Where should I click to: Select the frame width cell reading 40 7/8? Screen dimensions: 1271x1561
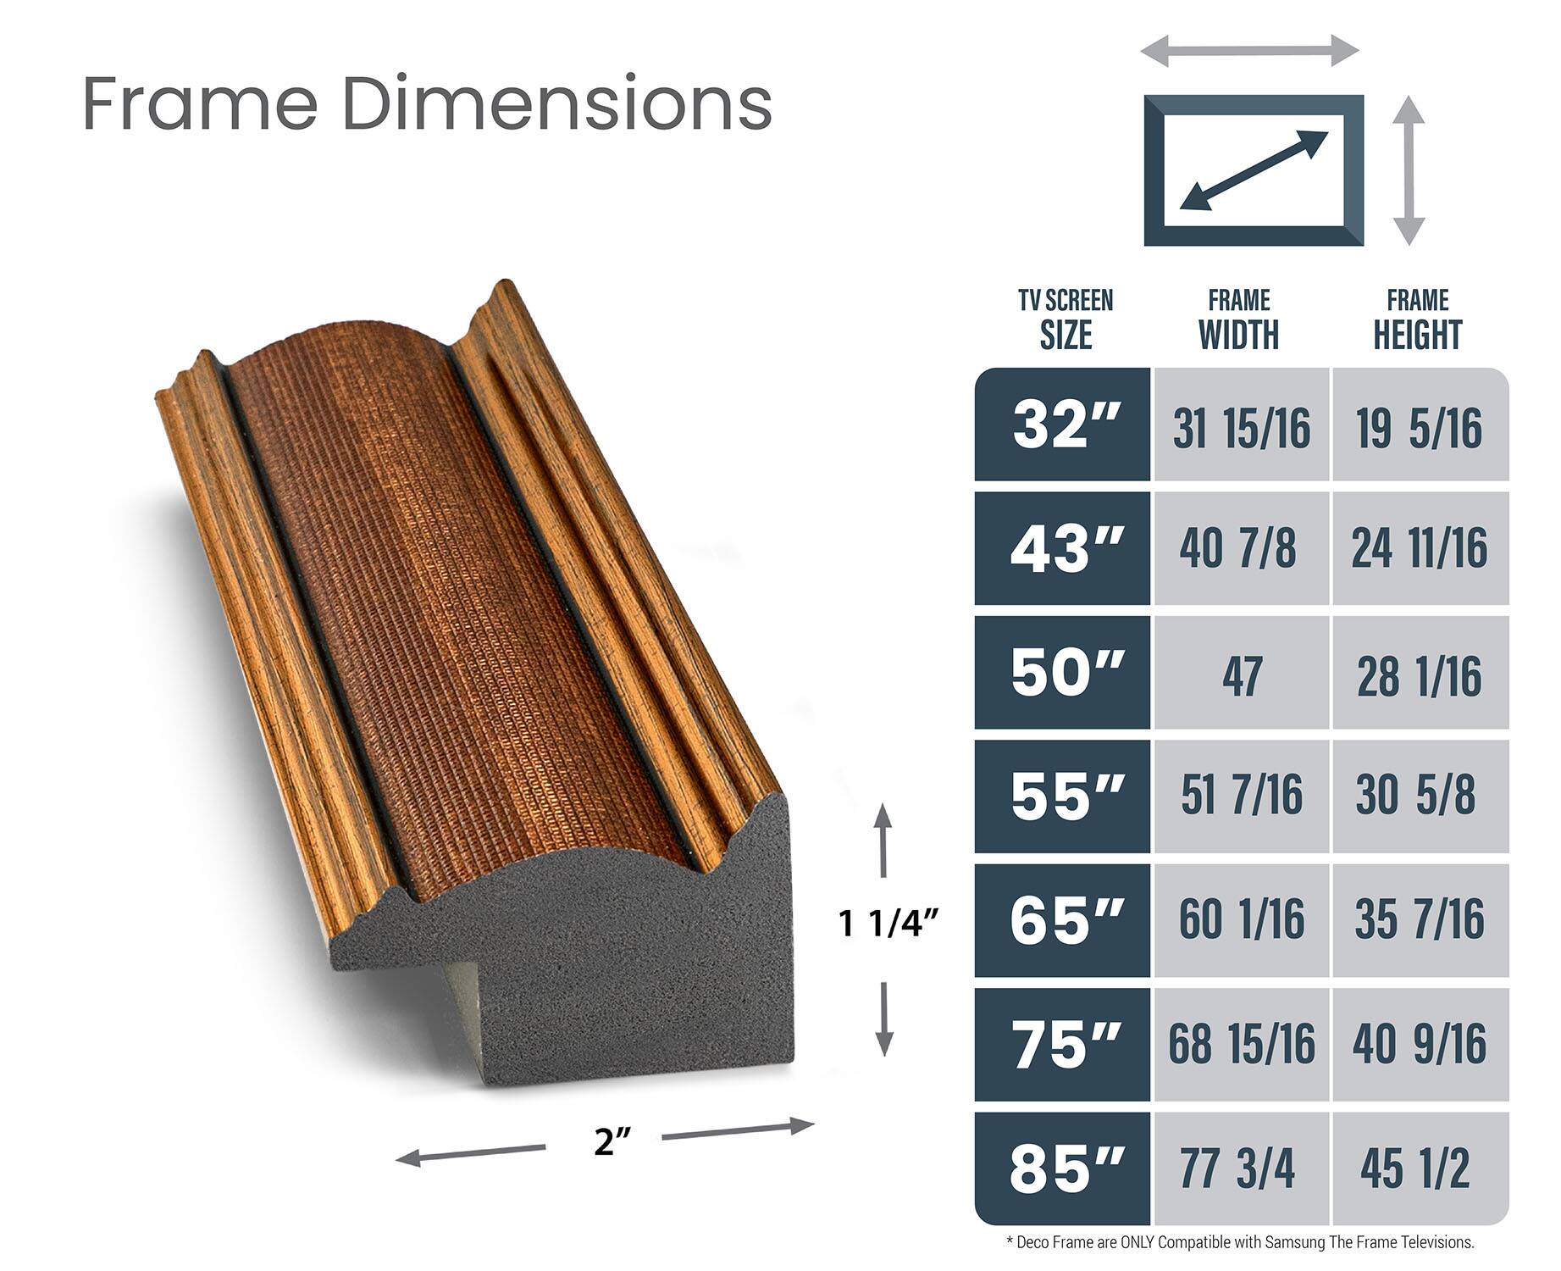(x=1238, y=548)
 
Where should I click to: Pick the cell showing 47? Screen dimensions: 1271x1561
(x=1241, y=675)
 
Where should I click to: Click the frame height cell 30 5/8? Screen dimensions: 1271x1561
(x=1416, y=796)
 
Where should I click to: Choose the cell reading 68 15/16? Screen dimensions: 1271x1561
(x=1241, y=1044)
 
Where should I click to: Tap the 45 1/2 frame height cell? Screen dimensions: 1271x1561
(x=1416, y=1168)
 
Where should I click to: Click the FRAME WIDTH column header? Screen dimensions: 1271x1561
(x=1239, y=320)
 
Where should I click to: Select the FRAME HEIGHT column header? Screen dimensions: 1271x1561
(x=1418, y=320)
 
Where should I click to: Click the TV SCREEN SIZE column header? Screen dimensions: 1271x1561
(x=1066, y=320)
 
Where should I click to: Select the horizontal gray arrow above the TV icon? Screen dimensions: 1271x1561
(x=1249, y=51)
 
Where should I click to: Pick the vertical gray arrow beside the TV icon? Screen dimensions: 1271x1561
(x=1409, y=170)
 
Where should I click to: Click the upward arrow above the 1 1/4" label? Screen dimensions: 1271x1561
(x=883, y=840)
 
